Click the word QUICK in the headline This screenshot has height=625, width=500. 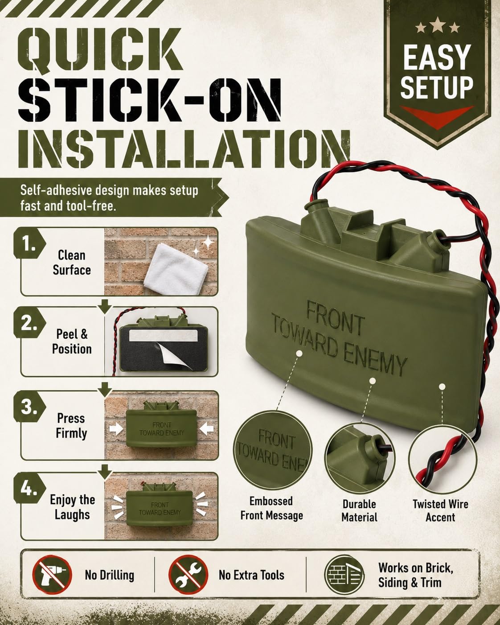tap(100, 50)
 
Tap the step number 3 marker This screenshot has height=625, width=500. tap(29, 407)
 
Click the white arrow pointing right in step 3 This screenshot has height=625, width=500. tap(116, 429)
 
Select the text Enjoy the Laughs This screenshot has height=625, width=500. tap(72, 507)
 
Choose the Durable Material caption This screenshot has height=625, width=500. tap(360, 511)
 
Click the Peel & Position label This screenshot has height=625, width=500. tap(72, 341)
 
